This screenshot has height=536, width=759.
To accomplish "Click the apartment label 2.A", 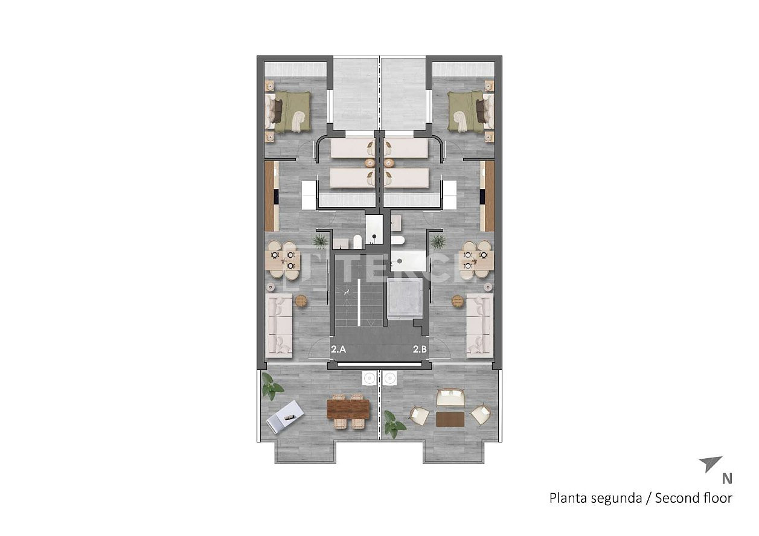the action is pos(338,349).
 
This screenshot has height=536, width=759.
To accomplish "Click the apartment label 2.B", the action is pos(420,349).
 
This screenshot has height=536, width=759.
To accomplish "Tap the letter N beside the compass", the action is pos(727,479).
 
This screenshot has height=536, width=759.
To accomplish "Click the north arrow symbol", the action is pos(710,464).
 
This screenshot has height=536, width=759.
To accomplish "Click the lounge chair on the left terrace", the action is pos(284,416).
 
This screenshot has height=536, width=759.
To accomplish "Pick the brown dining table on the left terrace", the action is pos(348,409).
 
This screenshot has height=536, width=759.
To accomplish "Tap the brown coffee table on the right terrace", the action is pos(450,420).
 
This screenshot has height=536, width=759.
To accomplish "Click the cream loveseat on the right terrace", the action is pos(450,398).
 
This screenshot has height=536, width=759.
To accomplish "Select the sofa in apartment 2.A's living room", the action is pos(279,325).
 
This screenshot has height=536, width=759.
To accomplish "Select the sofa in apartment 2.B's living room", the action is pos(480,325).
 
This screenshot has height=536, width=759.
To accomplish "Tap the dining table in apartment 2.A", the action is pos(283,260).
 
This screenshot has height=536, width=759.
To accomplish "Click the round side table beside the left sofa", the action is pos(301,301).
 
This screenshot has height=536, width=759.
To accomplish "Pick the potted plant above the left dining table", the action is pos(320,241).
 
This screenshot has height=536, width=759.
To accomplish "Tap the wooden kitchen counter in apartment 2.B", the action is pos(488,196).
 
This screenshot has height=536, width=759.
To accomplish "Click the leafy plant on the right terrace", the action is pos(395,424).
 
